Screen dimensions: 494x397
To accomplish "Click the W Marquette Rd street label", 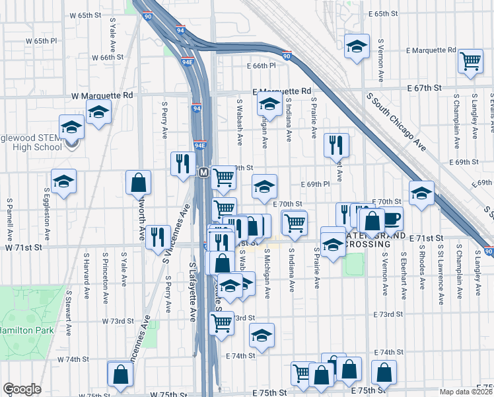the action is (102, 95).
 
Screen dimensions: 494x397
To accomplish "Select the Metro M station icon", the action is (204, 173).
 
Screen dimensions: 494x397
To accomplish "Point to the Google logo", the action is (22, 389).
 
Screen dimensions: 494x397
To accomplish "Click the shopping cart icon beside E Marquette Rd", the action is (471, 61).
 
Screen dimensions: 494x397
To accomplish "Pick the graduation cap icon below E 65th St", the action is (357, 46).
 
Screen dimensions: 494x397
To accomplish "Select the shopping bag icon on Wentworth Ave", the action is (139, 181).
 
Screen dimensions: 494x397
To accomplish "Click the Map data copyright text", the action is (466, 392).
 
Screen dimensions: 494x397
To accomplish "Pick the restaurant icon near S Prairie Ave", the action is (336, 145).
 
